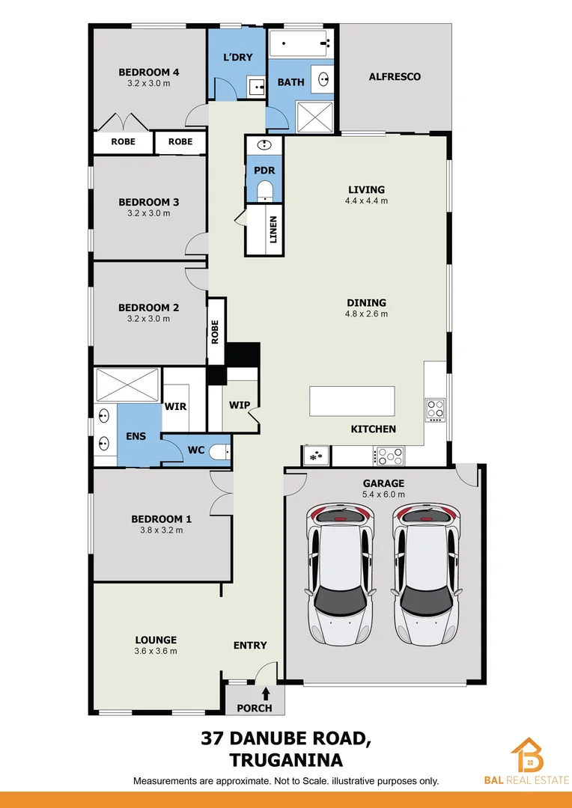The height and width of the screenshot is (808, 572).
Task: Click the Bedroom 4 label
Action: (x=148, y=73)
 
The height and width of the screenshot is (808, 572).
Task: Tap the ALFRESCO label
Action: (x=395, y=76)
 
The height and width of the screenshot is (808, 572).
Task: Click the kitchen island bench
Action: (x=352, y=401)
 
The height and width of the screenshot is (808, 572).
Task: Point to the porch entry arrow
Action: (x=266, y=695)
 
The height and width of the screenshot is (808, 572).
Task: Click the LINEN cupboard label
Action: (x=273, y=230)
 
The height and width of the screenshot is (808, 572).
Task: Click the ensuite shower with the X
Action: (x=127, y=385)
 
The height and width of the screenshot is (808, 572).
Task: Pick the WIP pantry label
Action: (x=240, y=405)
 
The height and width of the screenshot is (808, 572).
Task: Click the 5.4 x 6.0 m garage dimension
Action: (x=384, y=495)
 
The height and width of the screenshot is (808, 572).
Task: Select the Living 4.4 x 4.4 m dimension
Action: (x=366, y=201)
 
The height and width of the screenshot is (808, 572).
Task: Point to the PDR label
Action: (x=264, y=171)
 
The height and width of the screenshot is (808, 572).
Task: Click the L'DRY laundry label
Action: (x=237, y=58)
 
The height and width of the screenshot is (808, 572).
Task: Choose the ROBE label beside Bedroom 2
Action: (x=216, y=331)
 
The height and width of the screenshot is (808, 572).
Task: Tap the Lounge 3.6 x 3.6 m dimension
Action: (x=156, y=651)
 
